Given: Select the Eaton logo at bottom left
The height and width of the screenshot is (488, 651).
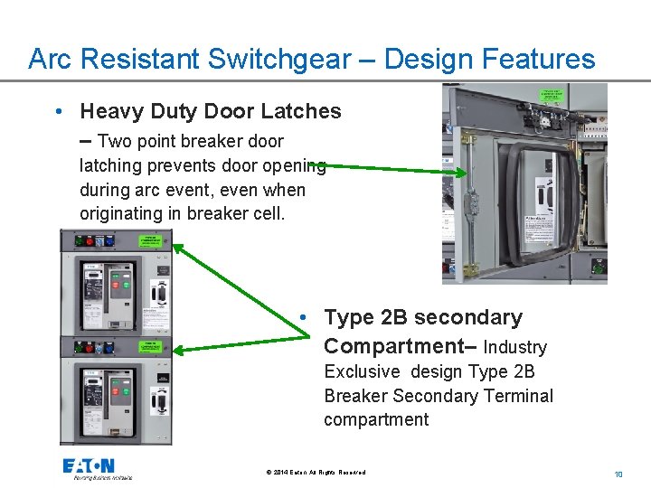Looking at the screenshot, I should tap(89, 467).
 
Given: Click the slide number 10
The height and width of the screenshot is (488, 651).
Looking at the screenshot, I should tap(618, 474).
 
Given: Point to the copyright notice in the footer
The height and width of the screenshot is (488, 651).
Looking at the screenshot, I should tap(316, 473).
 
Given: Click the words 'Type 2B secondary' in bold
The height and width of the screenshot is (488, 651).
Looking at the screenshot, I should tap(422, 317).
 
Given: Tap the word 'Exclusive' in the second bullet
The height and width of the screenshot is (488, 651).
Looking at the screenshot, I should tap(362, 371).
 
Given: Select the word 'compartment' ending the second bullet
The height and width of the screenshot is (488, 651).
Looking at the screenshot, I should tap(376, 419).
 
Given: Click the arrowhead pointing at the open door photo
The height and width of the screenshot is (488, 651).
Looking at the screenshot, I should tap(460, 174).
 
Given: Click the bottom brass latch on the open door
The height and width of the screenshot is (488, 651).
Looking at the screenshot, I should tap(469, 269).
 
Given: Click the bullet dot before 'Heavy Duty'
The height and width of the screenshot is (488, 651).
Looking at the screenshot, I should tap(58, 112).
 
